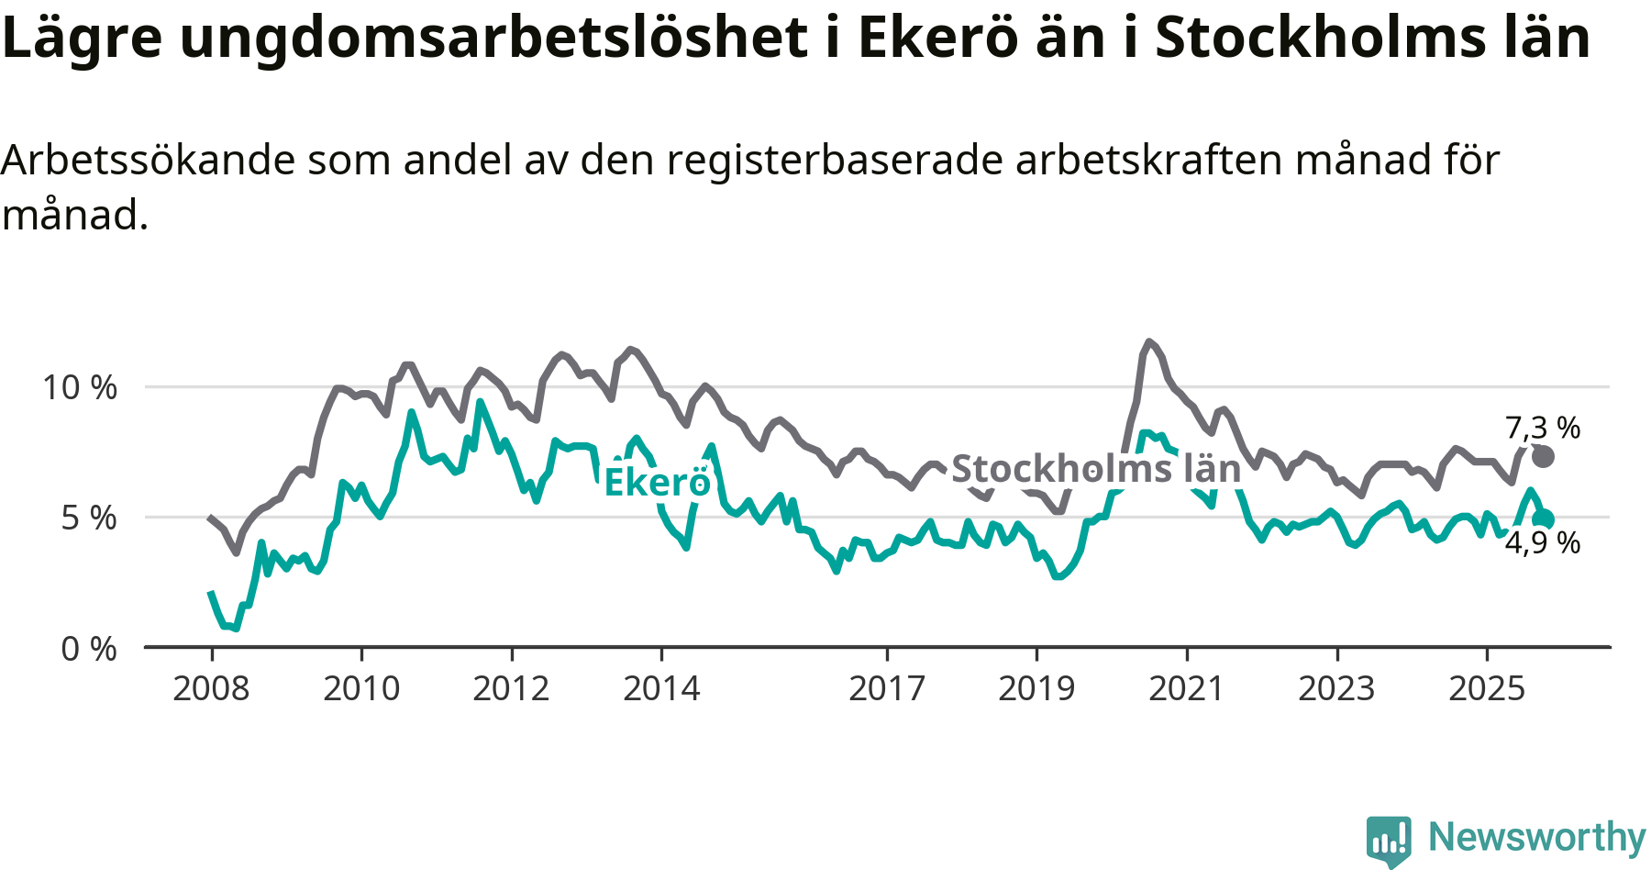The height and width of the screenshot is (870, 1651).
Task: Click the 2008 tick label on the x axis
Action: pos(211,688)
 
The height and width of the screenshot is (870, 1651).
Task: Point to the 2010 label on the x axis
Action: pos(361,688)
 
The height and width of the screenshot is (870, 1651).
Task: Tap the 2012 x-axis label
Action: pos(511,688)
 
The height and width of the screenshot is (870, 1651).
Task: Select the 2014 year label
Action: pos(661,688)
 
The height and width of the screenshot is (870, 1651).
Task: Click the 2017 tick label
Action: pos(886,688)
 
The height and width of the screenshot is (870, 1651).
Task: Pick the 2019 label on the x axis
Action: pos(1036,688)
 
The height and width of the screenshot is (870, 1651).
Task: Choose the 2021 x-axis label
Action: pos(1187,688)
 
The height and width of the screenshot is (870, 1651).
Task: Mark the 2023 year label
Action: pos(1336,688)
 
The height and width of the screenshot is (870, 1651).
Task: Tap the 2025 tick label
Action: pos(1487,688)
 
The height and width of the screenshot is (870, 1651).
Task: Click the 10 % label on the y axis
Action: pos(80,387)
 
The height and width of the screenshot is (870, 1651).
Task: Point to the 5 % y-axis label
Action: pos(89,519)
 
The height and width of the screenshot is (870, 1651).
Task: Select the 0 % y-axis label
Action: pos(89,649)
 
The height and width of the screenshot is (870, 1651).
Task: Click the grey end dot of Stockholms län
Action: pos(1544,456)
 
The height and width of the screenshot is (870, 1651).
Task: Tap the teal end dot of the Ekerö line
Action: pos(1544,519)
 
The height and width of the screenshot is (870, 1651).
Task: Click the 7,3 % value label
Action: pos(1543,428)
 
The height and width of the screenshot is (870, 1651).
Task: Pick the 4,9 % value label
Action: pos(1543,543)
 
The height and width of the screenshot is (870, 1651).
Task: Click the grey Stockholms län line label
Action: pos(1096,469)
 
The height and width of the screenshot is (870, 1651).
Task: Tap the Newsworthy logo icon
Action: pos(1388,839)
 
